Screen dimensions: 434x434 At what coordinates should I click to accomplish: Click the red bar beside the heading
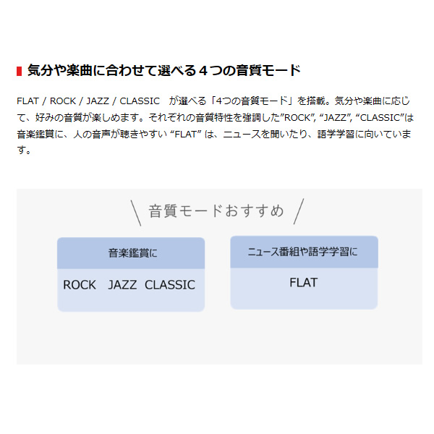click(x=19, y=71)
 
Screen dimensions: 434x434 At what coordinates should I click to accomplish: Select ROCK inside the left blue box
click(x=80, y=285)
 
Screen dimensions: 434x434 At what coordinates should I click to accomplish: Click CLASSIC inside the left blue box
click(x=170, y=285)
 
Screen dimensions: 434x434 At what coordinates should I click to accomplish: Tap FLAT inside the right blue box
click(x=303, y=282)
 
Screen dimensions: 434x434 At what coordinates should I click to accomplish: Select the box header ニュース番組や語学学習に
click(x=303, y=252)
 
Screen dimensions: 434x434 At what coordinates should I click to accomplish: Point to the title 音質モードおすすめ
click(x=216, y=211)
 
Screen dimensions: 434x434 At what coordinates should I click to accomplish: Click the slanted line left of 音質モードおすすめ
click(x=135, y=213)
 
